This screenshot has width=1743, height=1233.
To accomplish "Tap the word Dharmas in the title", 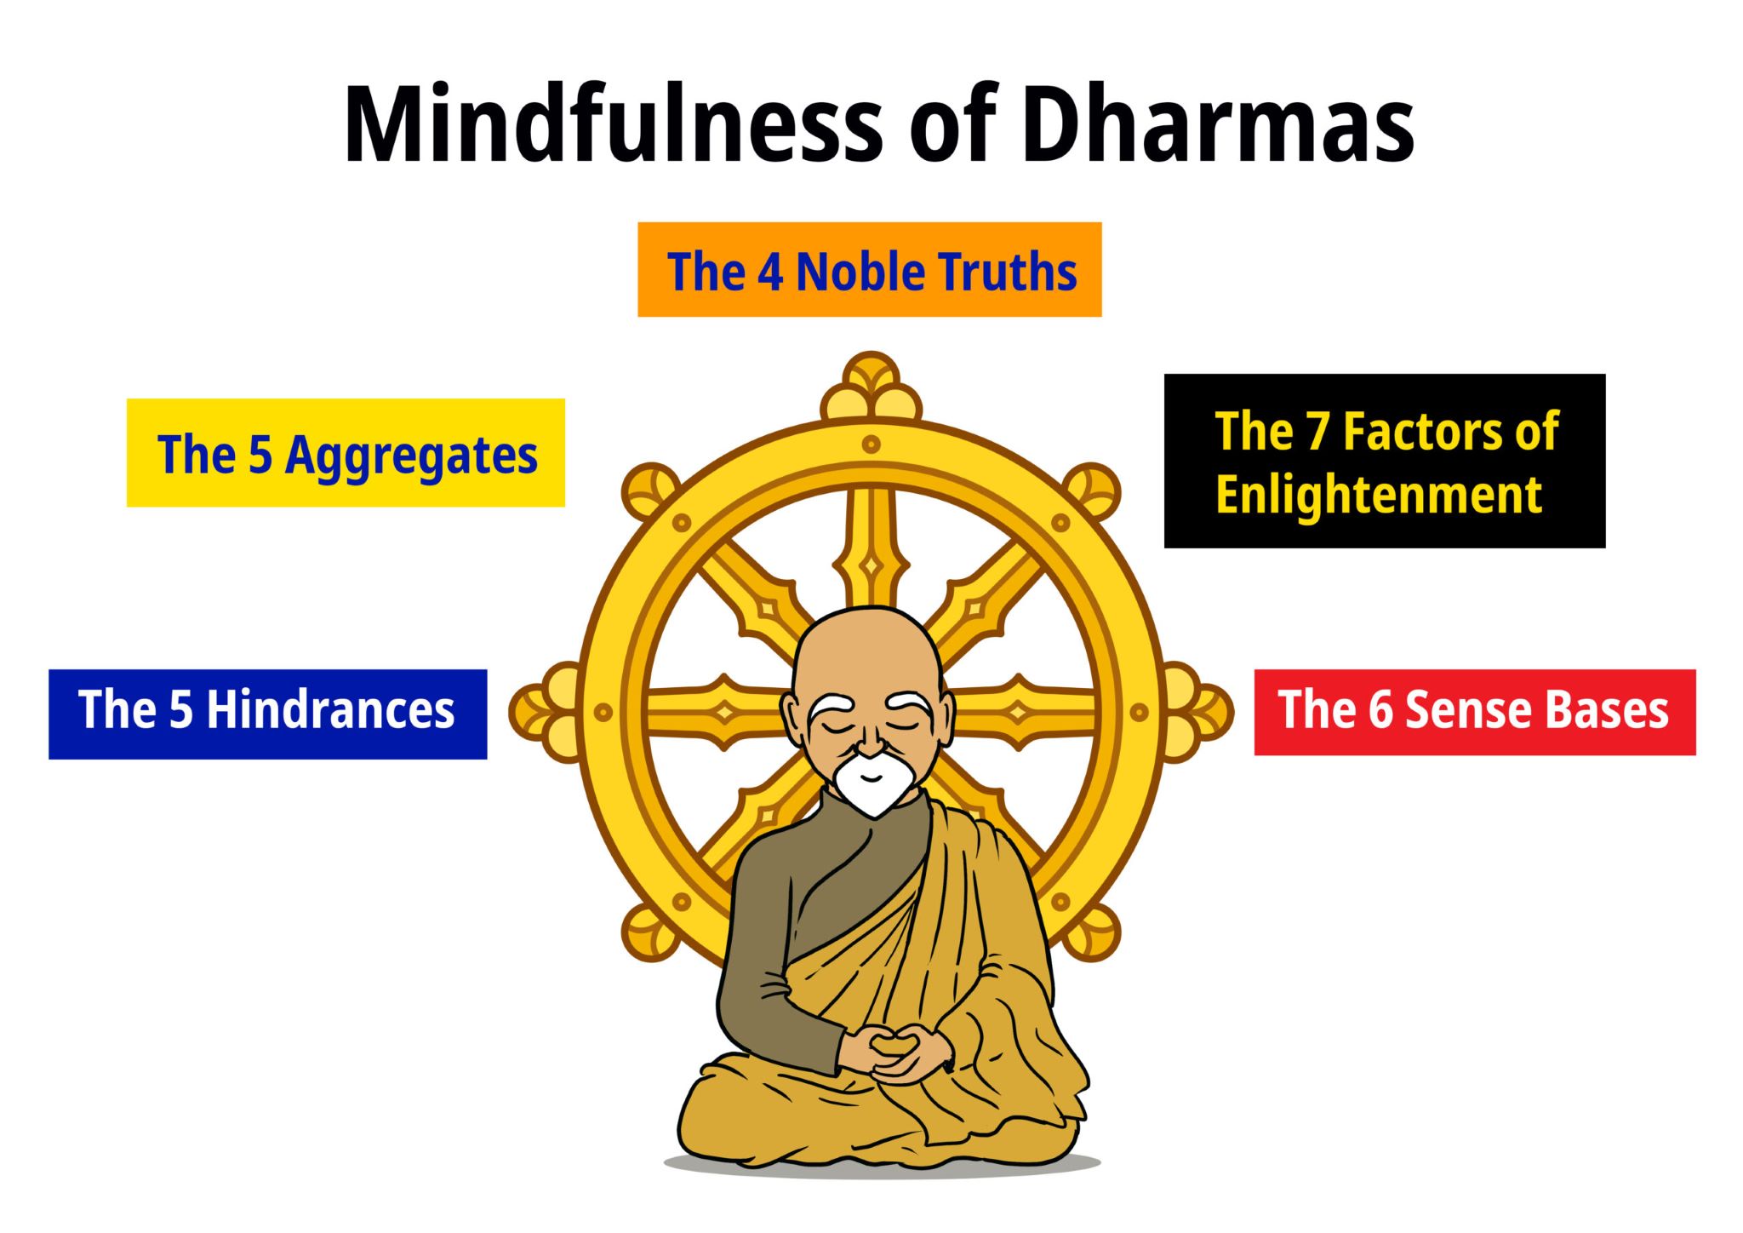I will (x=1217, y=124).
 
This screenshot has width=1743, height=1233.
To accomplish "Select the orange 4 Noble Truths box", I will (x=869, y=270).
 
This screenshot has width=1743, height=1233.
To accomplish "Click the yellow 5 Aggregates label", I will (x=346, y=453).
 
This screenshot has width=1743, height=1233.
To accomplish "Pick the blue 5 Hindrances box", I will (x=267, y=714).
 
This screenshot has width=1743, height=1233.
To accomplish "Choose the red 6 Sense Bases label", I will (x=1474, y=712).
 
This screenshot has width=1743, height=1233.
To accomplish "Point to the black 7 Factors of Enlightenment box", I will (x=1384, y=461).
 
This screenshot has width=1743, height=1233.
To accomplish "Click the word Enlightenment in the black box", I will (x=1379, y=495).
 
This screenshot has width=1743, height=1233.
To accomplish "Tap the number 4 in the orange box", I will (x=770, y=272).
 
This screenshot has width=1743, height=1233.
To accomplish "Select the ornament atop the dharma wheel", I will (x=871, y=387).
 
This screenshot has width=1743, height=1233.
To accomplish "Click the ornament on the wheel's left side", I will (x=545, y=712).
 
